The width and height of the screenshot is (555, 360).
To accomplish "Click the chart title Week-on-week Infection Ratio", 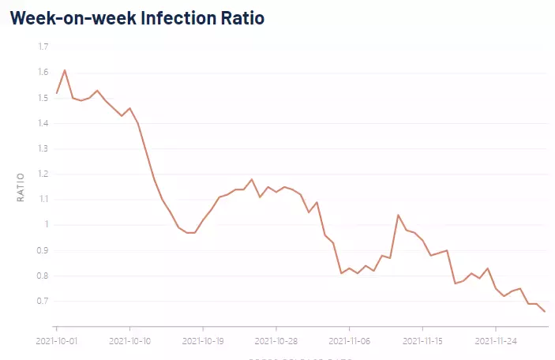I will pyautogui.click(x=137, y=17).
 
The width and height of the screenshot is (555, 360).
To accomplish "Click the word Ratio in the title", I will pyautogui.click(x=240, y=17).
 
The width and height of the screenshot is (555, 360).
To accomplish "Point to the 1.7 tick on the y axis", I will pyautogui.click(x=43, y=47).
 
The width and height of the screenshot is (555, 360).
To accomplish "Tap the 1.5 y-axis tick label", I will pyautogui.click(x=43, y=98).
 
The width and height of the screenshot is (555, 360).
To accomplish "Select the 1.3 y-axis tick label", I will pyautogui.click(x=43, y=148).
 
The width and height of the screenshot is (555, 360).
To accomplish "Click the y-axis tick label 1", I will pyautogui.click(x=47, y=225).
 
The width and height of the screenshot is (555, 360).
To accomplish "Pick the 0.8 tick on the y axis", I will pyautogui.click(x=43, y=276).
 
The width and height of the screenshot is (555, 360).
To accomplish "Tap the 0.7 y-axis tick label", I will pyautogui.click(x=43, y=301).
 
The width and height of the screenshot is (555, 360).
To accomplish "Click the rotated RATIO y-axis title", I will pyautogui.click(x=21, y=186).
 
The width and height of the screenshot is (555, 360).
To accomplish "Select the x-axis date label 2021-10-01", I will pyautogui.click(x=57, y=341).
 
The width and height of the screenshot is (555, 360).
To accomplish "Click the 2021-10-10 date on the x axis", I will pyautogui.click(x=129, y=341).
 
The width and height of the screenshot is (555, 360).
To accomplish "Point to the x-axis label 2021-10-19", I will pyautogui.click(x=203, y=341).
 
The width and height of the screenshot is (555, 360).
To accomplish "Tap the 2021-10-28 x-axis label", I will pyautogui.click(x=276, y=341).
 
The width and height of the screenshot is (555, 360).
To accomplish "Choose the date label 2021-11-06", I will pyautogui.click(x=349, y=341).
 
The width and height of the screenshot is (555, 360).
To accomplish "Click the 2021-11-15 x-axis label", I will pyautogui.click(x=422, y=341).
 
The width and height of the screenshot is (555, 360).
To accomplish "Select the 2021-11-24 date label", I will pyautogui.click(x=495, y=341).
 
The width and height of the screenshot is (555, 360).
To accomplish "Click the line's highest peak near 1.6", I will pyautogui.click(x=65, y=70).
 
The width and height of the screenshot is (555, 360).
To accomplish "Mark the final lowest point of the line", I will pyautogui.click(x=544, y=312).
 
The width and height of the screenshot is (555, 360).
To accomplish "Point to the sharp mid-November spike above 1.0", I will pyautogui.click(x=398, y=215).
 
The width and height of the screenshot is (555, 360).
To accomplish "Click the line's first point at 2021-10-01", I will pyautogui.click(x=57, y=93).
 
